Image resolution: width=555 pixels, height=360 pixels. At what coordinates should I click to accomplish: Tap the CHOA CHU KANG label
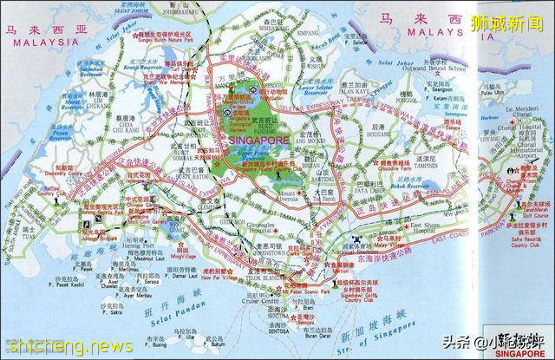123,132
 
